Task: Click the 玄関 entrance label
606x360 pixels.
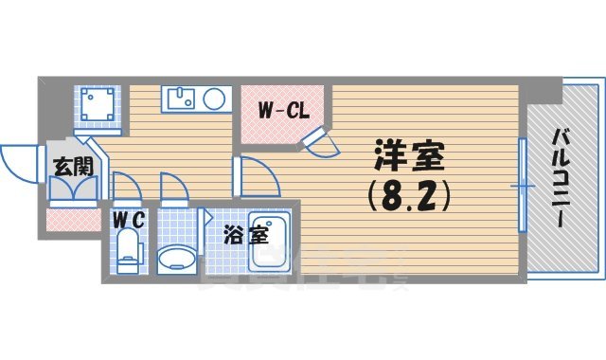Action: [x=72, y=168]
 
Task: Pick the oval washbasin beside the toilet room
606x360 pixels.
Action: [x=174, y=258]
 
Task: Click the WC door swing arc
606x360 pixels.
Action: [x=126, y=187]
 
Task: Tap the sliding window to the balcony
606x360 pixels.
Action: [x=522, y=186]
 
